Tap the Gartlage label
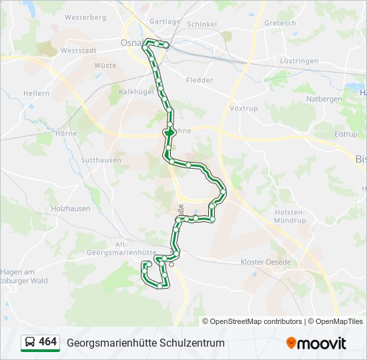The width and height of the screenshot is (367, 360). [x=165, y=21]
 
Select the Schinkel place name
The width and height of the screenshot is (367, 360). [x=202, y=24]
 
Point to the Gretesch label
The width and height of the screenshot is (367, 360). [x=280, y=23]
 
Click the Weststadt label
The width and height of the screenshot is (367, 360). [x=79, y=50]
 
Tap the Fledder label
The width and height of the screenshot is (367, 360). [x=200, y=80]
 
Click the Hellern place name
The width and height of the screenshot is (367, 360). [x=36, y=93]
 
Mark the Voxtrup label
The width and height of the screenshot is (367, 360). [x=243, y=108]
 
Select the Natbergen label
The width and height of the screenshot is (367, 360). [x=324, y=99]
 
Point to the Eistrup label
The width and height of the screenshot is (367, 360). [x=346, y=134]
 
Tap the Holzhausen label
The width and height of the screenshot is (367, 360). [x=70, y=209]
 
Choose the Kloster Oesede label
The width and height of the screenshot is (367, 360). [x=266, y=262]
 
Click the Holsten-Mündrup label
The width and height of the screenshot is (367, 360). [x=290, y=215]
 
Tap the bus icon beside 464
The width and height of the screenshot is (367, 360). [x=29, y=343]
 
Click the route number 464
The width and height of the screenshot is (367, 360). [x=48, y=342]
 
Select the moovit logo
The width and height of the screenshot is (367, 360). [x=316, y=343]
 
